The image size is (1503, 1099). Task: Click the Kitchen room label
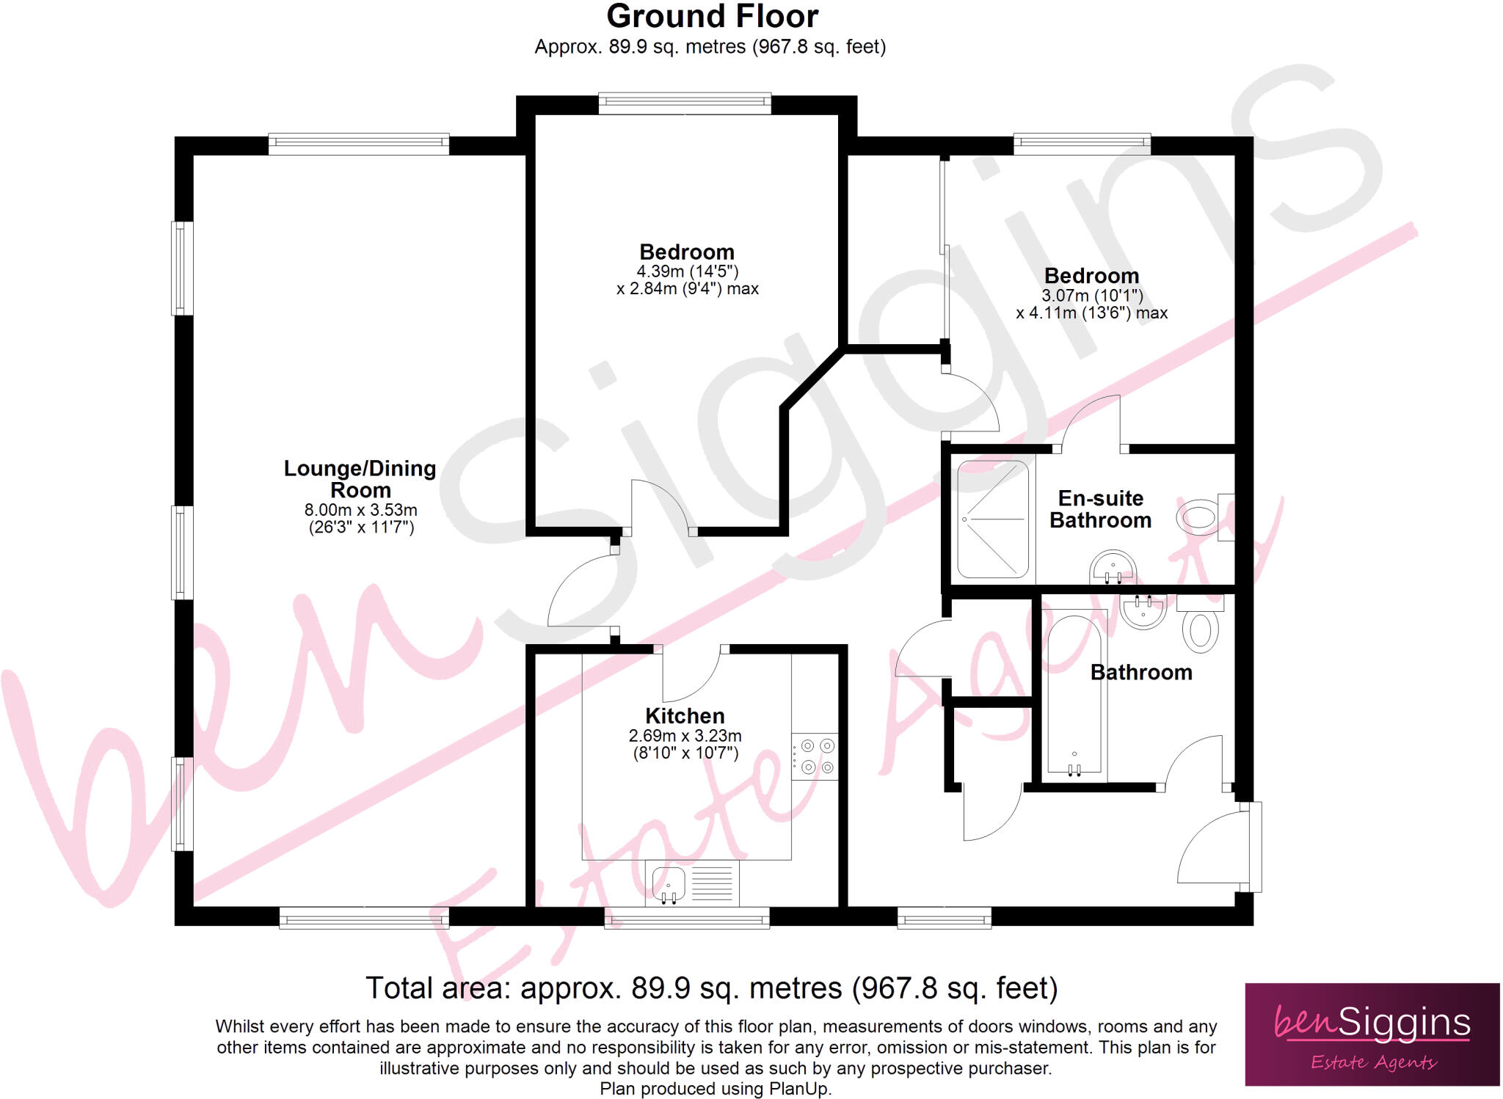click(x=685, y=715)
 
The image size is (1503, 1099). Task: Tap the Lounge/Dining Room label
click(x=360, y=479)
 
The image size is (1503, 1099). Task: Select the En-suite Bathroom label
click(x=1100, y=509)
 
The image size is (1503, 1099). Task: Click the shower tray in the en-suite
click(x=993, y=519)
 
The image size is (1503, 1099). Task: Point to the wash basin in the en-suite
click(x=1113, y=567)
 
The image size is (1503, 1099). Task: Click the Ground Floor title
click(x=712, y=16)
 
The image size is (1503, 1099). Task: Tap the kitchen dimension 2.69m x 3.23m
click(x=685, y=736)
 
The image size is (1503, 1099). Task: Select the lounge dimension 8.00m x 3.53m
click(x=360, y=510)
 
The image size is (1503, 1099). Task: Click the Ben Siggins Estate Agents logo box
click(x=1372, y=1034)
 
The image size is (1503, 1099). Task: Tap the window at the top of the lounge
click(x=359, y=144)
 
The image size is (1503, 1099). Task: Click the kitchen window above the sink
click(x=687, y=919)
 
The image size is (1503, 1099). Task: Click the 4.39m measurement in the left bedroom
click(x=660, y=271)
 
